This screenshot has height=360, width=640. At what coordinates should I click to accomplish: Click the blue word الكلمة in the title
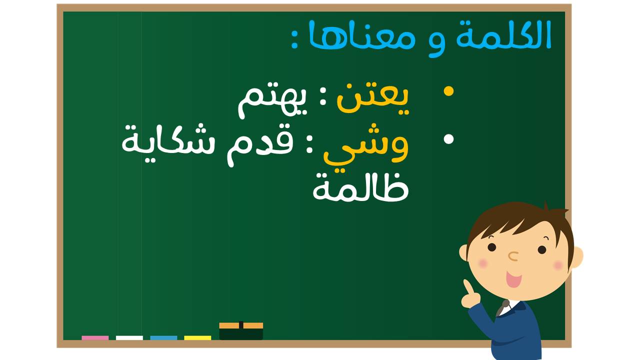pyautogui.click(x=503, y=34)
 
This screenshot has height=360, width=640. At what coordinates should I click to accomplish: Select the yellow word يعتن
pyautogui.click(x=373, y=98)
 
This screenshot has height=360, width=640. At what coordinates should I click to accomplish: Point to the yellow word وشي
pyautogui.click(x=365, y=147)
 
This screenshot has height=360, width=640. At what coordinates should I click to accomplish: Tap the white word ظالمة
pyautogui.click(x=361, y=187)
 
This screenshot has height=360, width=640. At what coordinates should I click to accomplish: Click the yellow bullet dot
pyautogui.click(x=448, y=91)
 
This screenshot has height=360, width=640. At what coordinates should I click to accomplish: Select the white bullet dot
pyautogui.click(x=448, y=139)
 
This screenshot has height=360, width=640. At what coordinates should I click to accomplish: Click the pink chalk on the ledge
pyautogui.click(x=95, y=337)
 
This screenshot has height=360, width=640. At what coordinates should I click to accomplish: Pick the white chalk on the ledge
pyautogui.click(x=129, y=337)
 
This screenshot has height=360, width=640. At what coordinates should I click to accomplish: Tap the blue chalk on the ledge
pyautogui.click(x=163, y=337)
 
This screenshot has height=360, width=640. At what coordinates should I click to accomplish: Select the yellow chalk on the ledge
pyautogui.click(x=197, y=337)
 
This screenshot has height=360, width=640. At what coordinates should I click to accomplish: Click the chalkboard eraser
pyautogui.click(x=241, y=331)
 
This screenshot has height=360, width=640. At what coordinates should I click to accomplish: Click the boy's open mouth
pyautogui.click(x=513, y=279)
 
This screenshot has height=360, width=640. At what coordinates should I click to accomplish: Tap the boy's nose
pyautogui.click(x=513, y=256)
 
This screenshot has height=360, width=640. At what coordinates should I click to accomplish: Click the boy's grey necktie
pyautogui.click(x=502, y=307)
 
